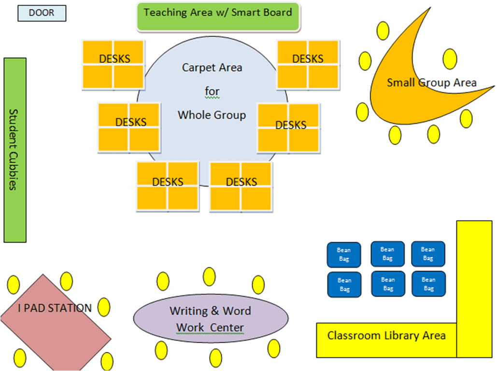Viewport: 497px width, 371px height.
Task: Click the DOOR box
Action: point(42,13)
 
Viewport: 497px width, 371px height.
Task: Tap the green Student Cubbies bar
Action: point(15,150)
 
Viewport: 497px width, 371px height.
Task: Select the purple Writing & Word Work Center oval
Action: point(211,318)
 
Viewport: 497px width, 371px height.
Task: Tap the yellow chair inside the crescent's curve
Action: point(450,58)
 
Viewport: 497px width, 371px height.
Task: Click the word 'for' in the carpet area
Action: point(212,91)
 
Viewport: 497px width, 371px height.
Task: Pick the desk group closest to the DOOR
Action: point(113,65)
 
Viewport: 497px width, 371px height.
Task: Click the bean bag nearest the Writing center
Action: point(344,285)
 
